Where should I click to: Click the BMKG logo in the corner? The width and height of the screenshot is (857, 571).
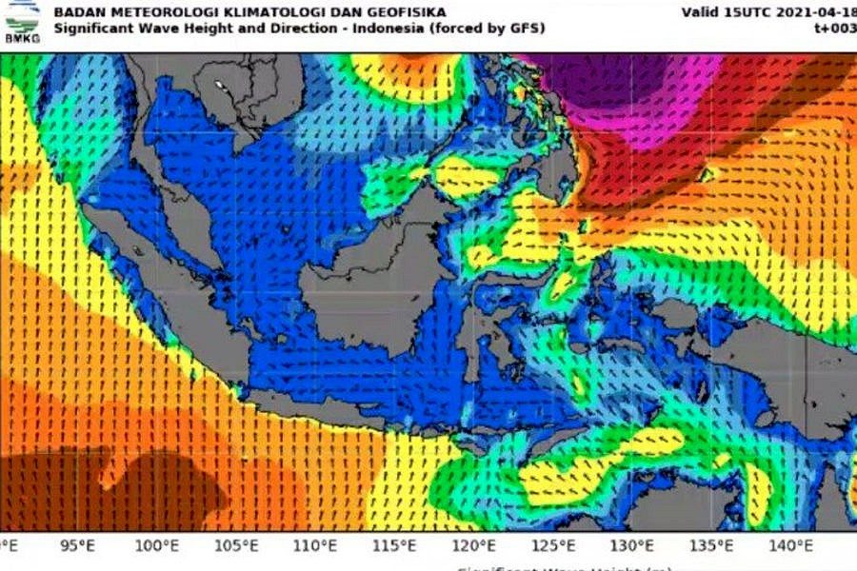[x=22, y=20]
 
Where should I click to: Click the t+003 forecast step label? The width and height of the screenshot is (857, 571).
[x=835, y=29]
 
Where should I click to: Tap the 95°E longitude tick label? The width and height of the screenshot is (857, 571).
[x=77, y=545]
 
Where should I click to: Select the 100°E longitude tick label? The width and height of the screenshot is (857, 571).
[x=156, y=545]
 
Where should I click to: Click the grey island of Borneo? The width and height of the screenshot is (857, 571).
[x=381, y=285]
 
